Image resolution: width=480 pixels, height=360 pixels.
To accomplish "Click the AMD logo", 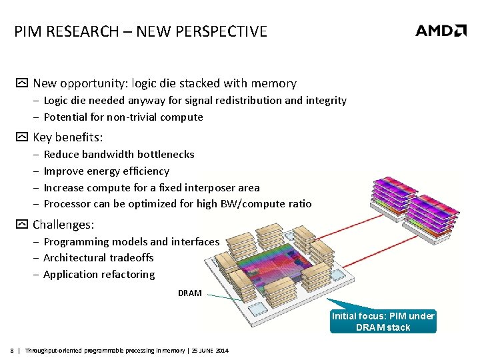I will pyautogui.click(x=441, y=31).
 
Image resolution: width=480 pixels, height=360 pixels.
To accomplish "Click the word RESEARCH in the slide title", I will pyautogui.click(x=75, y=31).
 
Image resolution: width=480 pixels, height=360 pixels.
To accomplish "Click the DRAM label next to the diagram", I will pyautogui.click(x=189, y=293).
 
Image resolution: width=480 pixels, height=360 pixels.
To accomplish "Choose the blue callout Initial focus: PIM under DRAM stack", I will pyautogui.click(x=383, y=321).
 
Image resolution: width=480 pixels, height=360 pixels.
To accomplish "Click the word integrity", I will pyautogui.click(x=327, y=100).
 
